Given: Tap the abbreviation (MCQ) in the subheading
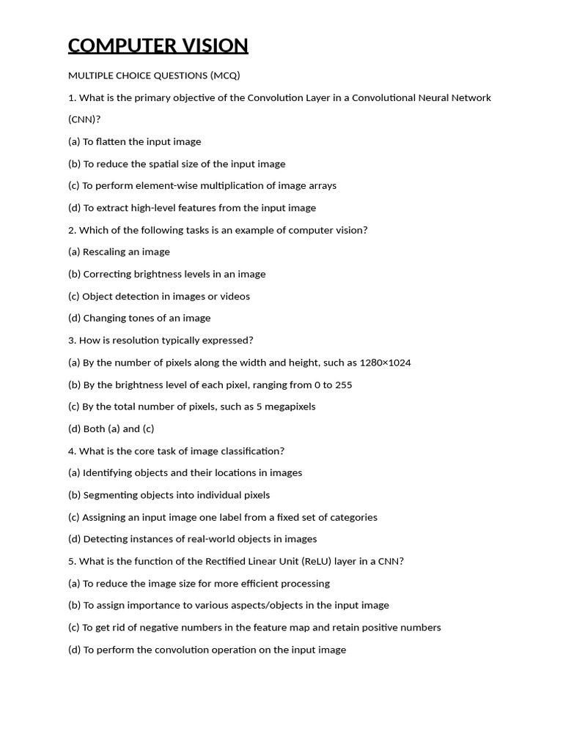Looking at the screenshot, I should tap(225, 75).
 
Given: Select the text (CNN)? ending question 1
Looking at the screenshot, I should tap(84, 119).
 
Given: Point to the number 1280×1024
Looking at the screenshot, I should tap(385, 363).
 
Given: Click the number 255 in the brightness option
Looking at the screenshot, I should tap(343, 385).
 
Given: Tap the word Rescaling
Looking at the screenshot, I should tap(104, 252).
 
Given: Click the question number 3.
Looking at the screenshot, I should tap(72, 341).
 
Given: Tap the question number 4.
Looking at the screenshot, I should tap(72, 451).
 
